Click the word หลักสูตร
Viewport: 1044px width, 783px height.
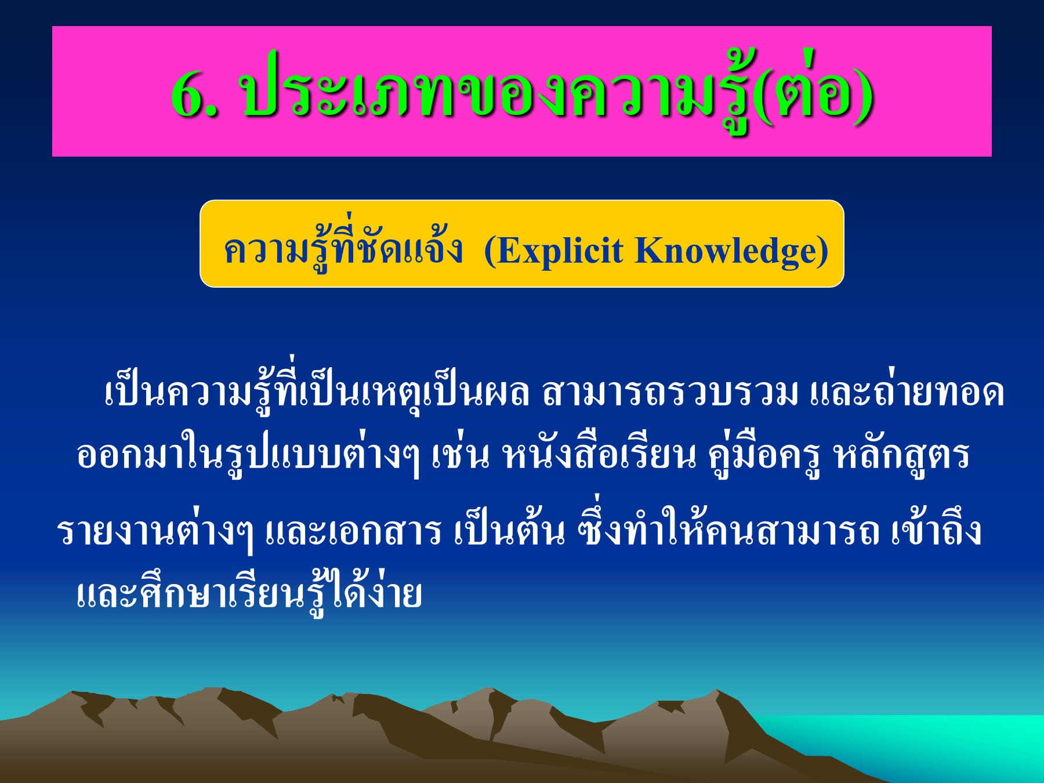pyautogui.click(x=901, y=456)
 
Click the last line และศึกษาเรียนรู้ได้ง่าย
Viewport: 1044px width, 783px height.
pyautogui.click(x=249, y=594)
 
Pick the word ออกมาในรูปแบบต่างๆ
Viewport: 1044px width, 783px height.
pyautogui.click(x=247, y=456)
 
